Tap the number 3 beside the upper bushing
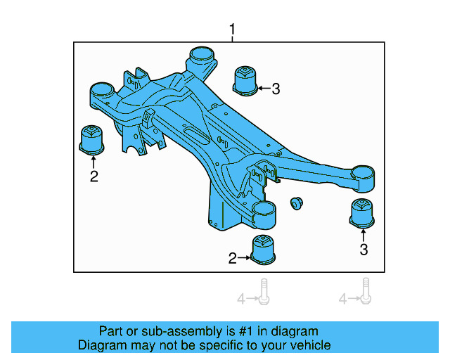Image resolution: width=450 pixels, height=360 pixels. pyautogui.click(x=276, y=89)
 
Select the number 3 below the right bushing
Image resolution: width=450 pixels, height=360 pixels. pyautogui.click(x=364, y=249)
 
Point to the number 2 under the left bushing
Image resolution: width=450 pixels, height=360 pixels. pyautogui.click(x=94, y=176)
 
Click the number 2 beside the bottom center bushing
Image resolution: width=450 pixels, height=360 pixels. pyautogui.click(x=233, y=259)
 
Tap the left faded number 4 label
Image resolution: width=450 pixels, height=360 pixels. pyautogui.click(x=240, y=300)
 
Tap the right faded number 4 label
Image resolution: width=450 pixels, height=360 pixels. pyautogui.click(x=343, y=300)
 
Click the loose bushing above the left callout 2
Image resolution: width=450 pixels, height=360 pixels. pyautogui.click(x=91, y=139)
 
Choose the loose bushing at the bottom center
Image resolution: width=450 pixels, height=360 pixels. pyautogui.click(x=262, y=251)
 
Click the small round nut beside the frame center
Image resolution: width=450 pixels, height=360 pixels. pyautogui.click(x=296, y=203)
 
